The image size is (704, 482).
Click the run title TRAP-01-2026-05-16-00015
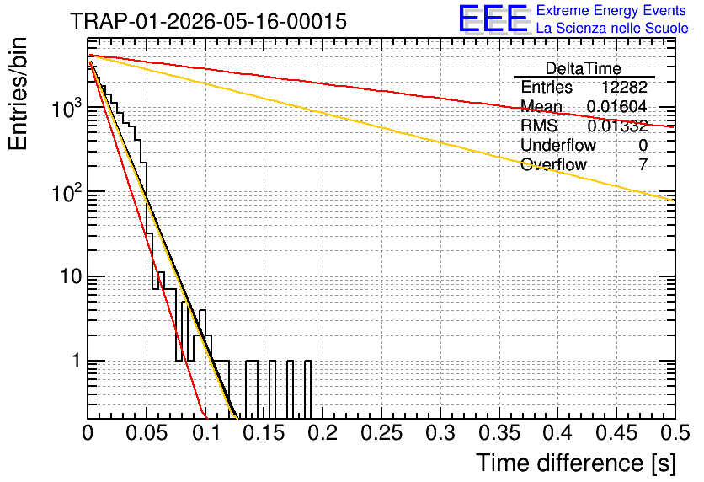pos(208,21)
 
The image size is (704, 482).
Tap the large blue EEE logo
pos(493,19)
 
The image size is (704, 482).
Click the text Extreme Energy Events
pos(611,10)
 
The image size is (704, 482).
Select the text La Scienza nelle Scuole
pos(612,28)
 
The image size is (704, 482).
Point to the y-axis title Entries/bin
pos(18,94)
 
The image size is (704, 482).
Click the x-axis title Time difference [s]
pos(576,463)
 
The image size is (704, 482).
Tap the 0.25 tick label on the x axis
pos(381,433)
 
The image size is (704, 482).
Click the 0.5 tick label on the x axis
pos(675,433)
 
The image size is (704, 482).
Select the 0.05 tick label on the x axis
pos(147,433)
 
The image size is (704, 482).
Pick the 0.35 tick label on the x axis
pos(499,433)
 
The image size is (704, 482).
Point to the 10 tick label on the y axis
pos(72,276)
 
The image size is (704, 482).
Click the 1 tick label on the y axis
pos(77,361)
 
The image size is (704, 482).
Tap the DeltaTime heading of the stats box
pos(584,68)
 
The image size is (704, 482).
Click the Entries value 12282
pos(624,87)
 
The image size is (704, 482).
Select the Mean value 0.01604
pos(617,106)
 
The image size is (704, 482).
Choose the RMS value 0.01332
pos(617,126)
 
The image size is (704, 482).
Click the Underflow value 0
pos(643,145)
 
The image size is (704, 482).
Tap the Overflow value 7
pos(643,164)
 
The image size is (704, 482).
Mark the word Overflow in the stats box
pos(553,164)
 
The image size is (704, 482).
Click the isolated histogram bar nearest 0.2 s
pos(307,389)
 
